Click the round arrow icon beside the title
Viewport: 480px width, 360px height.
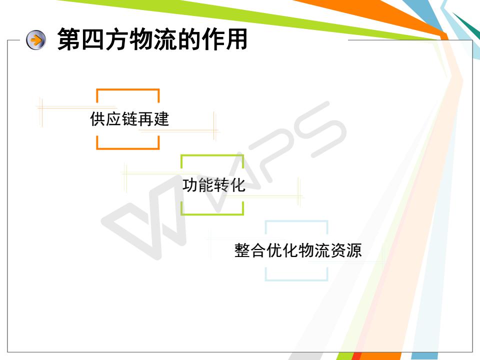(36, 40)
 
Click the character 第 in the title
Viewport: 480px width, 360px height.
(69, 39)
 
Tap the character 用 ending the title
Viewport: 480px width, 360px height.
(236, 39)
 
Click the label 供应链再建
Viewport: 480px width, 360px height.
(129, 119)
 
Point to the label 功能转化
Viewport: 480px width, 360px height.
(213, 185)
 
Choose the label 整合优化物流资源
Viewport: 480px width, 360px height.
(298, 250)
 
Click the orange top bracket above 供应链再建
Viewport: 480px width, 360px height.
(128, 89)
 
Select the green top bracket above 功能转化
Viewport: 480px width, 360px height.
(212, 156)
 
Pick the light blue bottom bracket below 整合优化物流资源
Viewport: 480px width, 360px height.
(296, 279)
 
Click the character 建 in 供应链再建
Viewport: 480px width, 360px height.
(161, 119)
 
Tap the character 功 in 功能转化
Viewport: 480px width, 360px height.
(190, 185)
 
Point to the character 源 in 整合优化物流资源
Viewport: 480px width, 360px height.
(354, 250)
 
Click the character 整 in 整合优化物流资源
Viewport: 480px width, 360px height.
(242, 250)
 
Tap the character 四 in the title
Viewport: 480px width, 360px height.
(93, 39)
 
